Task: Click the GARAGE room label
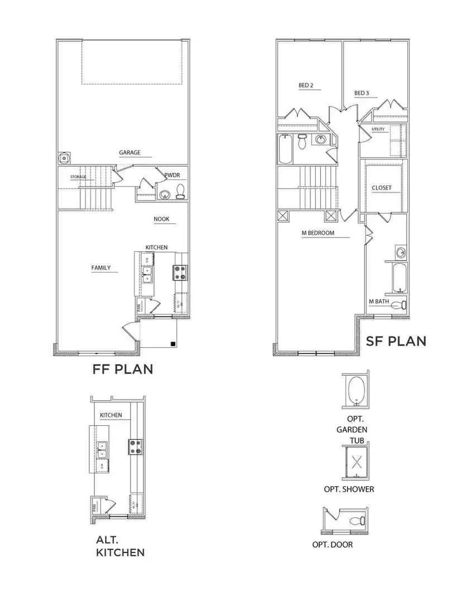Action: point(129,153)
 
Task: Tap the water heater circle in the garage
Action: point(65,158)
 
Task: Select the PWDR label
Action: point(171,175)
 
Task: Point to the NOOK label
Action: point(162,219)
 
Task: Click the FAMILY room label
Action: point(101,268)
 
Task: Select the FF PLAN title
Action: point(123,369)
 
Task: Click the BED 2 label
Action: point(306,85)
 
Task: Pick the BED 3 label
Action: point(362,93)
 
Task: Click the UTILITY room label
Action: point(378,130)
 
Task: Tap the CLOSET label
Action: point(382,188)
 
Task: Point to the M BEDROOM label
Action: point(318,233)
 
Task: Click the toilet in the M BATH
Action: point(398,305)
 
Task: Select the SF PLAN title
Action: point(396,341)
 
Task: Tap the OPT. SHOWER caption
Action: point(349,489)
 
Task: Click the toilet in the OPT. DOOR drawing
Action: point(358,522)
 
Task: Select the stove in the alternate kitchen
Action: point(135,446)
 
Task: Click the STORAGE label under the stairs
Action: point(78,177)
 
